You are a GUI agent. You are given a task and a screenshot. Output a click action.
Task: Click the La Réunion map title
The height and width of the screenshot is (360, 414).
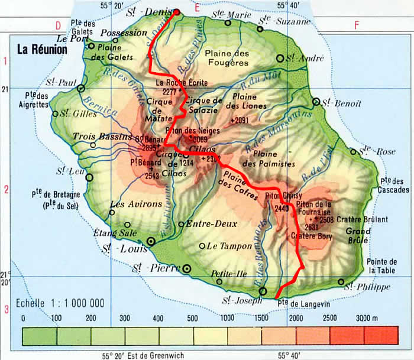click(41, 50)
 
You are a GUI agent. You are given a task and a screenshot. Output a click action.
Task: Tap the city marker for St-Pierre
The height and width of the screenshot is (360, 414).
click(187, 268)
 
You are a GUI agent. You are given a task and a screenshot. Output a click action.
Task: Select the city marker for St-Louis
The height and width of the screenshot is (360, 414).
click(150, 241)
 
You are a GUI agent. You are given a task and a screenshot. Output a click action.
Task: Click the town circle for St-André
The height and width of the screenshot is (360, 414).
click(280, 59)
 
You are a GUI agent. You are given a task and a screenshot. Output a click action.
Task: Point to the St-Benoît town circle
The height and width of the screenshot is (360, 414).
click(316, 102)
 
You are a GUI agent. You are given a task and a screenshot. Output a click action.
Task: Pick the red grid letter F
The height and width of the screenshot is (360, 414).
click(356, 25)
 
